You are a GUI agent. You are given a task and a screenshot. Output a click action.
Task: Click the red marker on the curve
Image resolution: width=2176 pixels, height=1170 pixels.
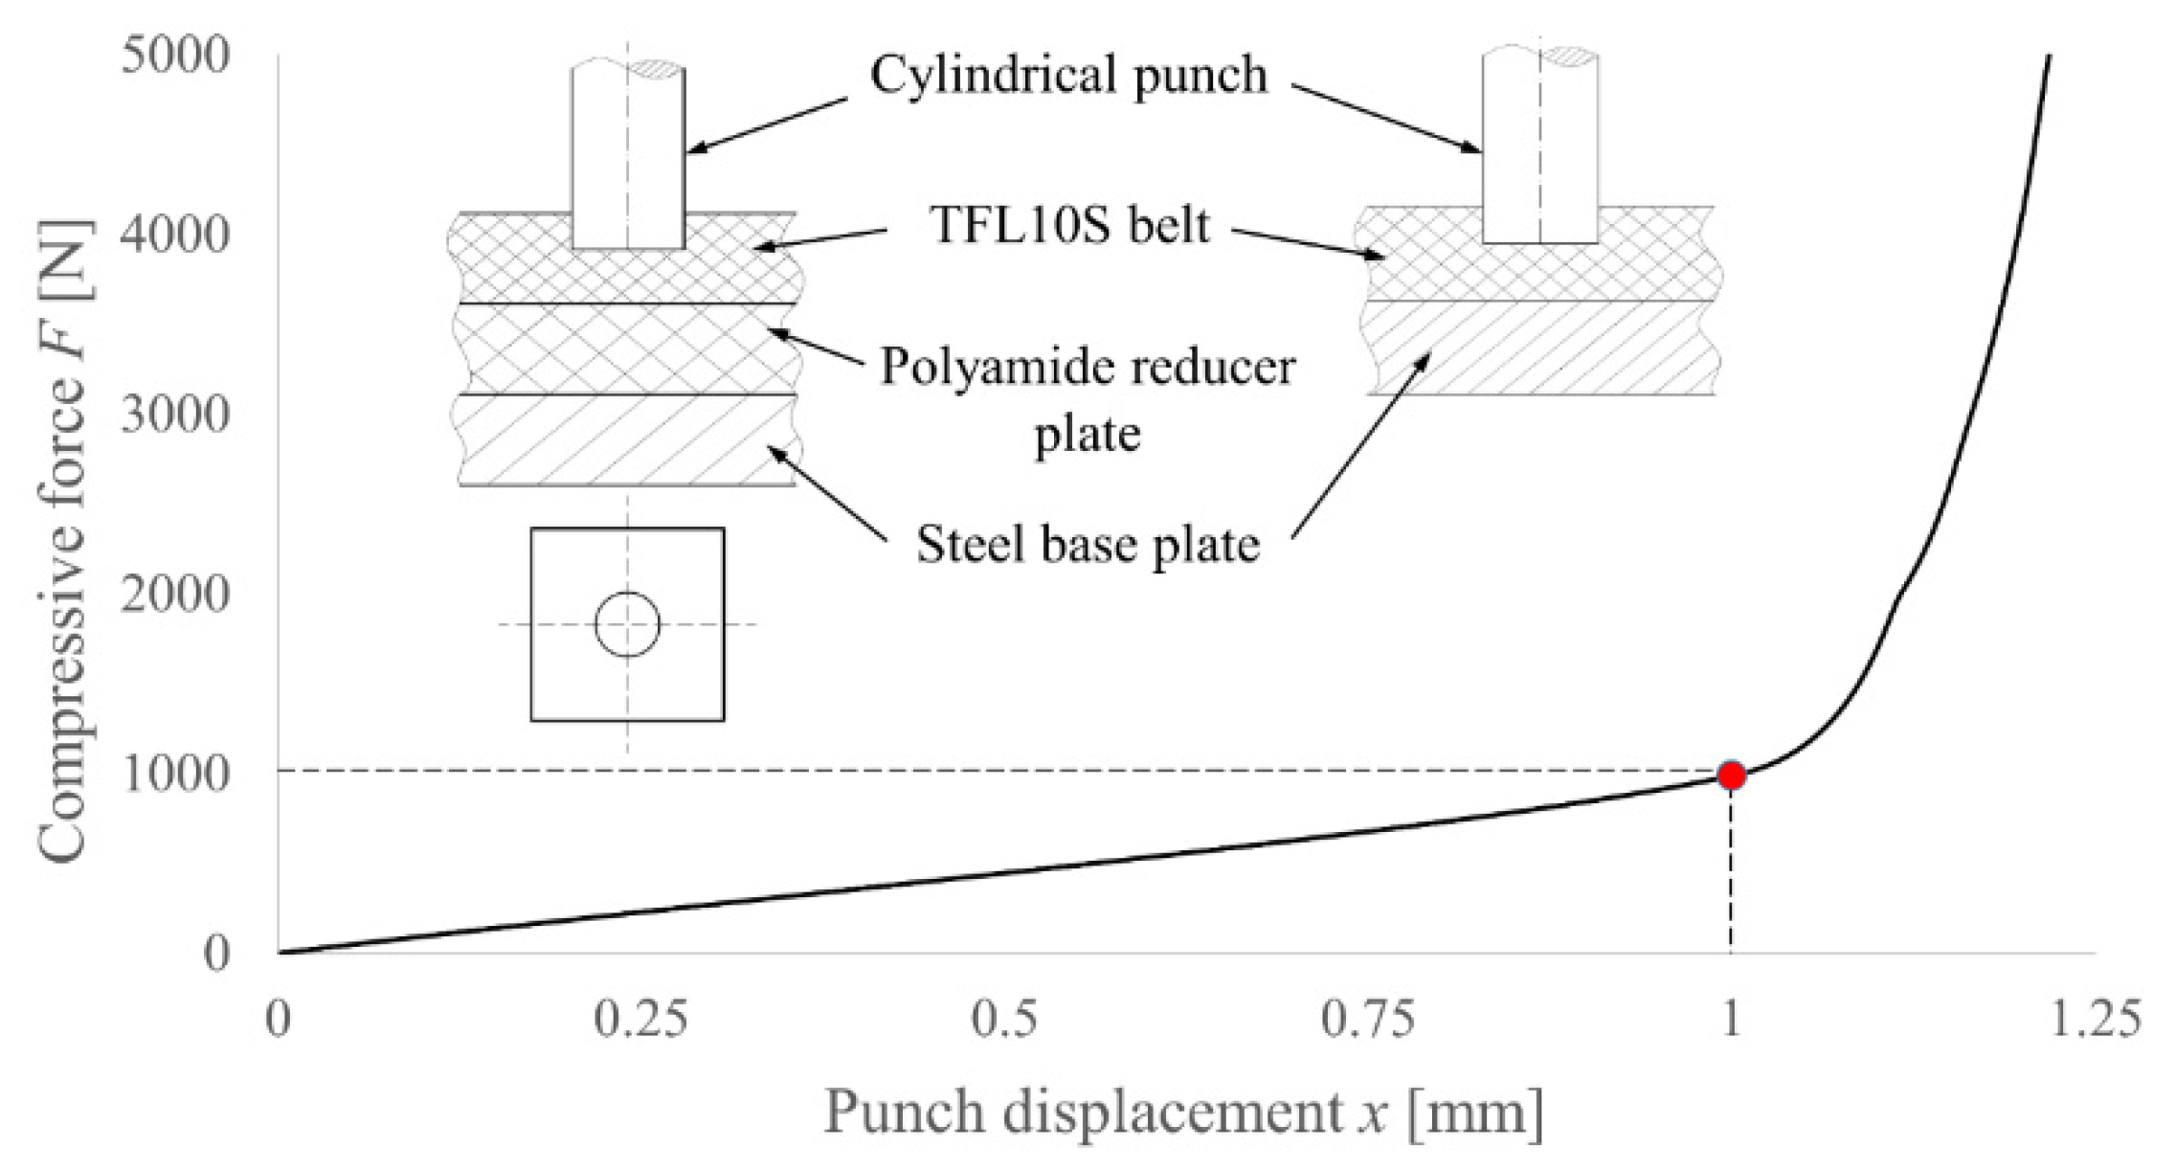(x=1730, y=775)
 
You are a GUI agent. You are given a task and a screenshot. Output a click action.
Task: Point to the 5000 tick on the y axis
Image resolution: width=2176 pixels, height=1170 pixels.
(x=175, y=55)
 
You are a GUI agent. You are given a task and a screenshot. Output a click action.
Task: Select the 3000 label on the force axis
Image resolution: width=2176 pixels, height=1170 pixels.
(x=175, y=415)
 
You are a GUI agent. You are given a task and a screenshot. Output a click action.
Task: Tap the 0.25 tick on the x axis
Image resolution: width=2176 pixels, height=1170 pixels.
(x=640, y=1021)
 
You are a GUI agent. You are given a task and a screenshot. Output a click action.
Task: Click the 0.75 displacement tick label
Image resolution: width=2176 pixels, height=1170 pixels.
(x=1367, y=1021)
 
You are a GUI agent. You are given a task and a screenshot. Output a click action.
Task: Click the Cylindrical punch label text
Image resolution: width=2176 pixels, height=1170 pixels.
(x=1068, y=75)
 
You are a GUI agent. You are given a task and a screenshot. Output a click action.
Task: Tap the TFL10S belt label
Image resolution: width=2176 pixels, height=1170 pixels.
(x=1069, y=226)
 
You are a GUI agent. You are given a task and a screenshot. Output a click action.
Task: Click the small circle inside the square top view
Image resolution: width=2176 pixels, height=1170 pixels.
(x=627, y=624)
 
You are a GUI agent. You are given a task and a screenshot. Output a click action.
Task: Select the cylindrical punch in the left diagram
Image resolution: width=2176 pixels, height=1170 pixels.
(x=628, y=153)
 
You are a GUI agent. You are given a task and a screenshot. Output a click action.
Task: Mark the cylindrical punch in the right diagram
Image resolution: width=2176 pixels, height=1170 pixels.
(x=1538, y=144)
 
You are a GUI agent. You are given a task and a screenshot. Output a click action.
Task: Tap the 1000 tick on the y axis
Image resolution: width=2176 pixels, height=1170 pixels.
(x=175, y=774)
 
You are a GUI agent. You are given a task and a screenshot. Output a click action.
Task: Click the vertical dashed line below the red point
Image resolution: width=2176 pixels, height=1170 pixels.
(x=1730, y=871)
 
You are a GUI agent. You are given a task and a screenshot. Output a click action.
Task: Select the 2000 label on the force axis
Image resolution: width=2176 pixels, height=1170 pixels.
(x=175, y=595)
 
